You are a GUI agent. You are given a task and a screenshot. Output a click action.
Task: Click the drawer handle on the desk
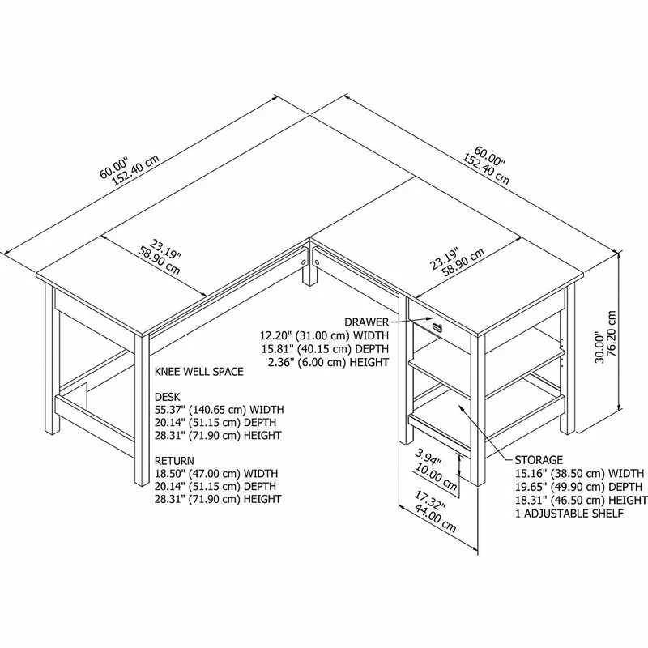[437, 327]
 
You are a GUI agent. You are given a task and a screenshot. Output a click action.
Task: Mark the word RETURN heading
[175, 461]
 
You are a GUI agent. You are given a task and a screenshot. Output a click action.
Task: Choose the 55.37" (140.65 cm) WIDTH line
[218, 410]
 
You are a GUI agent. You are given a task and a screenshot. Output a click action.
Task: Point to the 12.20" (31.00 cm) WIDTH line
[323, 335]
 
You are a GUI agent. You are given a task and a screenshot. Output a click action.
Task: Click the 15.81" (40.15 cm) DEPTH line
[324, 348]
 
